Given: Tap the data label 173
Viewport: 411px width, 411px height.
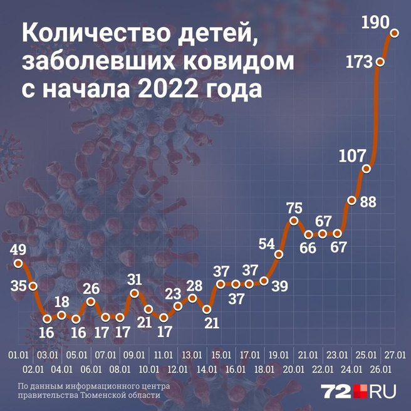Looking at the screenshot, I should click(359, 63).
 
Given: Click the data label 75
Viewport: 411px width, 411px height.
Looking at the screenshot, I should click(294, 208).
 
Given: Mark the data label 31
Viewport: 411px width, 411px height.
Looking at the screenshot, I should click(135, 279).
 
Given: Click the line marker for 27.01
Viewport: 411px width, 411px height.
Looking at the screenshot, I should click(395, 33).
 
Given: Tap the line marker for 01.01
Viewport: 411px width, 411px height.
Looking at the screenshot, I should click(18, 263).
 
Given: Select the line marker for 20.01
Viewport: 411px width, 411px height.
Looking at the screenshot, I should click(293, 221).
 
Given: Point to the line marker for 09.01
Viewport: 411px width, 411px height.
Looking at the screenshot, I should click(135, 293).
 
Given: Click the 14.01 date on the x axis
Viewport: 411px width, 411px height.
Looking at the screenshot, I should click(207, 370).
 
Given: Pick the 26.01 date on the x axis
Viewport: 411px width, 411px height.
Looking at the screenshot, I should click(381, 370).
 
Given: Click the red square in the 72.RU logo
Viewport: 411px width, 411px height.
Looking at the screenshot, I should click(362, 392).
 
